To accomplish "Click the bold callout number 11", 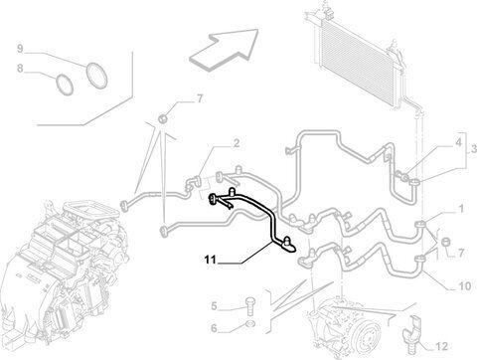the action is [x=211, y=260].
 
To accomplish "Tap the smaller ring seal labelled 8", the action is [x=65, y=85].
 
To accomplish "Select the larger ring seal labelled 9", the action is [x=97, y=76].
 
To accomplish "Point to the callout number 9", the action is [x=21, y=49].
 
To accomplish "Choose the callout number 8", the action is [x=21, y=69].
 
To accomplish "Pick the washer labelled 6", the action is [x=250, y=324].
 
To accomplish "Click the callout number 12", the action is [x=441, y=347].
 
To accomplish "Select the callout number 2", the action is [x=237, y=143].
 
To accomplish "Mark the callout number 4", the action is [x=458, y=142].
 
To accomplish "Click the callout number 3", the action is [x=474, y=149].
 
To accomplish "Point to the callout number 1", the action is [x=461, y=209].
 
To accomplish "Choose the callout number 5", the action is [x=214, y=306].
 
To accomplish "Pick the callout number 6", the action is [x=214, y=328].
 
